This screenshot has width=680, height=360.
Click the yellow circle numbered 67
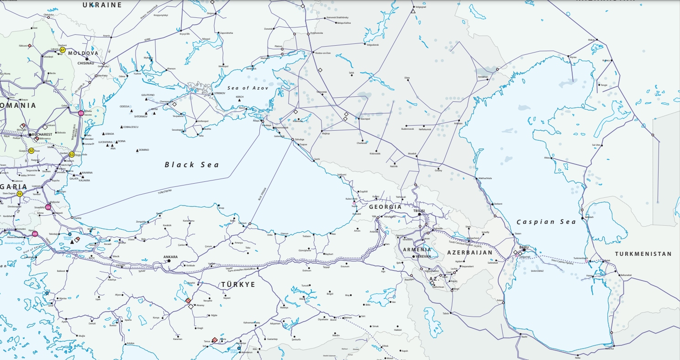tap(63, 50)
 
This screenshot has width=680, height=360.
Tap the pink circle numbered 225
tap(81, 113)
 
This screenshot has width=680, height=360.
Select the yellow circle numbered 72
tap(20, 194)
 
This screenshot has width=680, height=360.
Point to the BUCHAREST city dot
tap(31, 135)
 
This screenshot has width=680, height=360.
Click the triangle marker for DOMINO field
tap(137, 150)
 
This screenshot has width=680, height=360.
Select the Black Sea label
tap(192, 164)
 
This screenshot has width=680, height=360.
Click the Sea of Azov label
tap(246, 87)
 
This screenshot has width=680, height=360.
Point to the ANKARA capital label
tap(170, 257)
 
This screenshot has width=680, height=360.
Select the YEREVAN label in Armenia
tap(423, 256)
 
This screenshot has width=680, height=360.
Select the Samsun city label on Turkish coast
tap(242, 223)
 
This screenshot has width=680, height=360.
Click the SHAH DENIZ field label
tap(537, 270)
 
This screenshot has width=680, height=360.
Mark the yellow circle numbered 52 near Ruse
tap(31, 150)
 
